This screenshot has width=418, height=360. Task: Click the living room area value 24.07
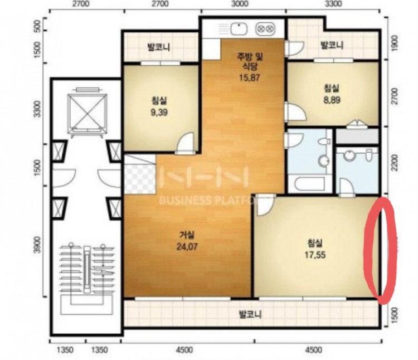(x=187, y=247)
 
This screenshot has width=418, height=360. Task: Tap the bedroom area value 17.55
(x=315, y=255)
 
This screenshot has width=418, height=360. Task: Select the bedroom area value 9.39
(x=159, y=113)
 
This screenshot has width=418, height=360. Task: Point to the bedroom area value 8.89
(x=332, y=100)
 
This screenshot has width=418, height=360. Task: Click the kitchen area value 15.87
(x=249, y=77)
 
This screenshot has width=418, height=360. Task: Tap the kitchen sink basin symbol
(x=239, y=29)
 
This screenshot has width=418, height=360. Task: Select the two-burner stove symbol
(x=265, y=29)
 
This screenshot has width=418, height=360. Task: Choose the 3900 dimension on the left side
(x=38, y=245)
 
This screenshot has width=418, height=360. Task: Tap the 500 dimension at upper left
(x=38, y=26)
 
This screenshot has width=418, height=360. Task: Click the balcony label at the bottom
(x=250, y=314)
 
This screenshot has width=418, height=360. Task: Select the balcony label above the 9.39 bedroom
(x=159, y=47)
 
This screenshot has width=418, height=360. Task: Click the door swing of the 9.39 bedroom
(x=186, y=143)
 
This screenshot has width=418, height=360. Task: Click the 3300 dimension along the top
(x=333, y=4)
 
